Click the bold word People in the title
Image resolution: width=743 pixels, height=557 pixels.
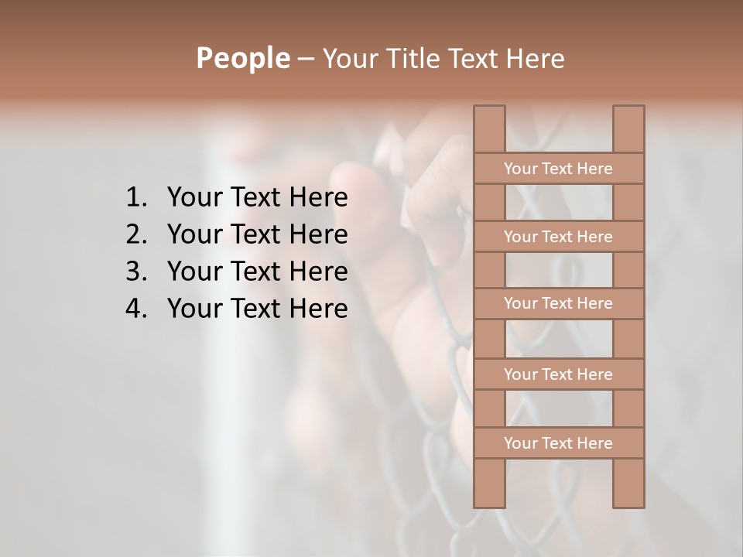point(242,59)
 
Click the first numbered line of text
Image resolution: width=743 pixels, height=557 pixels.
point(257,198)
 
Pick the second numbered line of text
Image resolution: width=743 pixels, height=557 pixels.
point(257,234)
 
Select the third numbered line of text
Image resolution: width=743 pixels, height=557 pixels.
point(257,272)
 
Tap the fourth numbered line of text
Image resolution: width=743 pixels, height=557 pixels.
point(257,309)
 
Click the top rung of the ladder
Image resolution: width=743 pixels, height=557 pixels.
point(558,169)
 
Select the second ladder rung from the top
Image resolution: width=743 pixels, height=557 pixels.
point(558,237)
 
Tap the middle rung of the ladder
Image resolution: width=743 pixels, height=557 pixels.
point(558,303)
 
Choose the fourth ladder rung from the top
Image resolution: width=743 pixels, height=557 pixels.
point(558,374)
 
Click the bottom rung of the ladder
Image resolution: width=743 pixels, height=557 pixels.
point(558,443)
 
